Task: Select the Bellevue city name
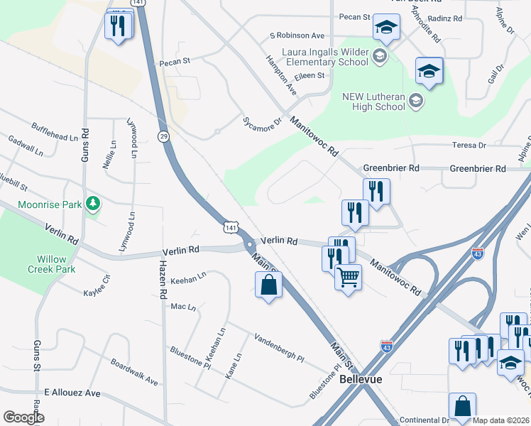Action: coord(361,379)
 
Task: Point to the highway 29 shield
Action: coord(163,137)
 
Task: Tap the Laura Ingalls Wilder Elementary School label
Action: coord(325,57)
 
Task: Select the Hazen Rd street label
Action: coord(163,278)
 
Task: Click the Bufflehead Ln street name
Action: coord(54,132)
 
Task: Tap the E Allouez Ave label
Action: coord(72,393)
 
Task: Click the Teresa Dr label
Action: coord(469,146)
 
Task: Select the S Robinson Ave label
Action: coord(297,35)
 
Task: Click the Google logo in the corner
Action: coord(23,417)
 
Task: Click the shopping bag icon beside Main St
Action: coord(268,285)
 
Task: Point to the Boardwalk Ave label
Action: coord(133,371)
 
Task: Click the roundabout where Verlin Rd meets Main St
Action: coord(250,244)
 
